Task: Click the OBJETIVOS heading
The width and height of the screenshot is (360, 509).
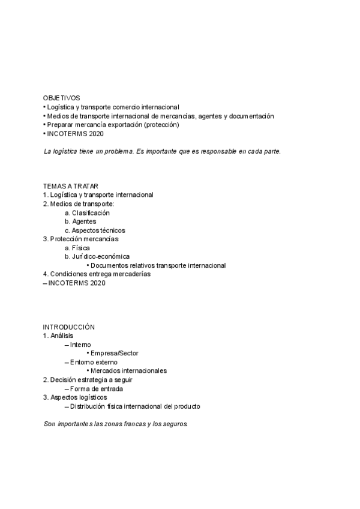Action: (61, 98)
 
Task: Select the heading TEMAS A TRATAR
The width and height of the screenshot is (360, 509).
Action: (71, 186)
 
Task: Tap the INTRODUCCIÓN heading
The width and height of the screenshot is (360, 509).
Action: (69, 327)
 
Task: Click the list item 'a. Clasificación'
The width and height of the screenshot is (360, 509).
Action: (87, 212)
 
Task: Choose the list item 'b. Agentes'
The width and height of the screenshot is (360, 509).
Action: (80, 221)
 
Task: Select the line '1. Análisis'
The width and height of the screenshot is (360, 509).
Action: (58, 336)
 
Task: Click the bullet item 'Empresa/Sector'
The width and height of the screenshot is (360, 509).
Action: (114, 353)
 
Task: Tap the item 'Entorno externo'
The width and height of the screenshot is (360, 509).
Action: (94, 362)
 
